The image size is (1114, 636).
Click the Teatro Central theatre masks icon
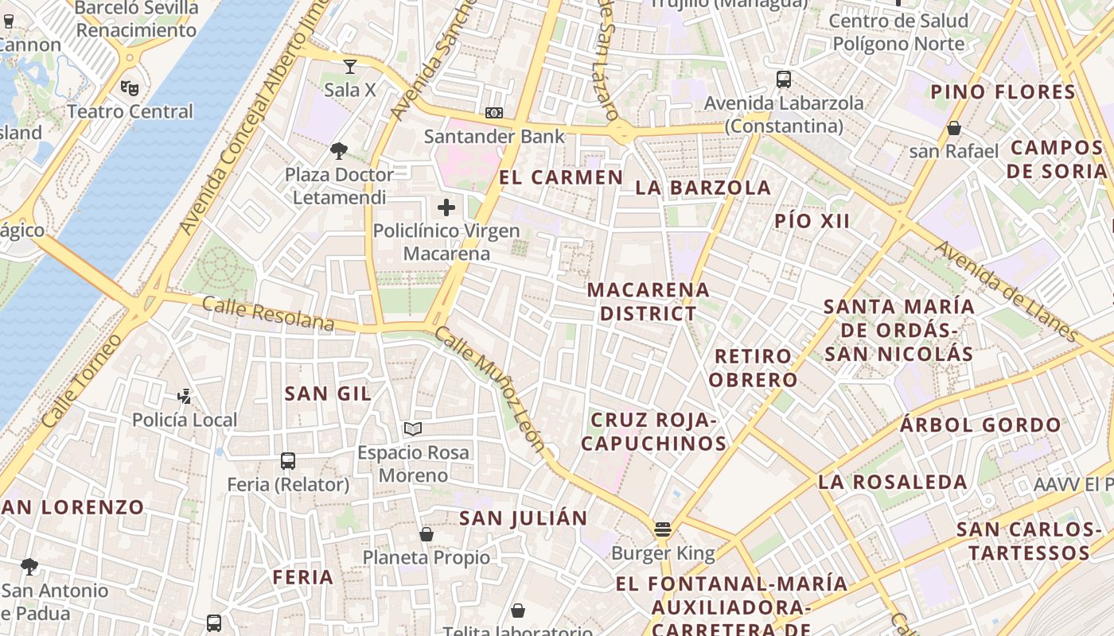point(130,87)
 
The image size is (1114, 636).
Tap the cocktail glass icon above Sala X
point(349,66)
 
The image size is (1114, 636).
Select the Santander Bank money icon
point(494,114)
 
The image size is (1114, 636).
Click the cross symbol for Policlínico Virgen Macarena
point(446,208)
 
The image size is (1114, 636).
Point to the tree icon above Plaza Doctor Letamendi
point(339,151)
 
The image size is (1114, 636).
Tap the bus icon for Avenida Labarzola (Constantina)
point(784,79)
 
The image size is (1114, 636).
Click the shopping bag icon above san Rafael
point(953,128)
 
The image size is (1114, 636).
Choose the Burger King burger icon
point(663,529)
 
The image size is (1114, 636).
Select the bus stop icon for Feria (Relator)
point(288,461)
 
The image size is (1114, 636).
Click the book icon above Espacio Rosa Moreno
point(412,429)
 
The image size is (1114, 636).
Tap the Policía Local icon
point(185,396)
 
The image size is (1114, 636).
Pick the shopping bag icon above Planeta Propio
point(427,534)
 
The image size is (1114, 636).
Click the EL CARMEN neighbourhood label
point(561,177)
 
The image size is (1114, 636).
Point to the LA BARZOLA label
point(703,188)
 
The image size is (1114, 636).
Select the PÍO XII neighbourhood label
point(812,221)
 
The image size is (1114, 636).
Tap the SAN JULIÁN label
point(524,518)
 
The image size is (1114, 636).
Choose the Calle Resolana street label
point(267,313)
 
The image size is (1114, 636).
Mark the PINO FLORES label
point(1003,91)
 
